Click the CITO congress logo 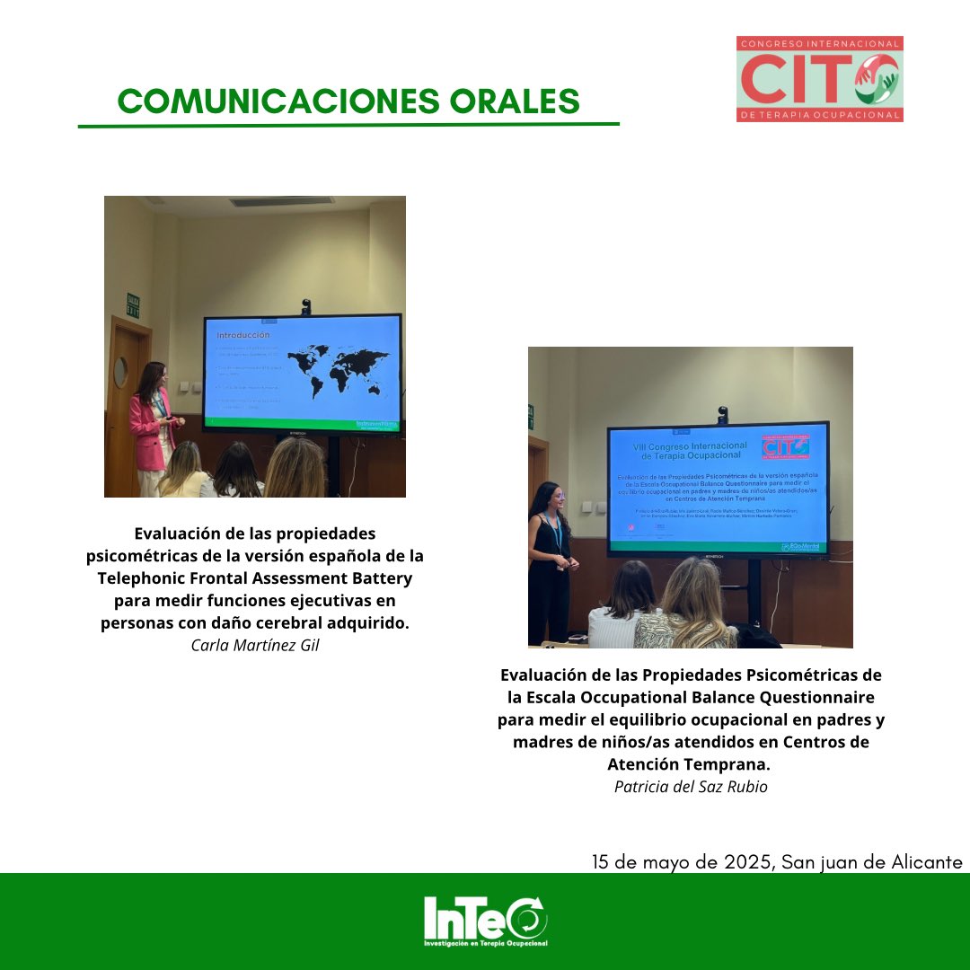[x=819, y=79]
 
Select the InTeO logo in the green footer [x=486, y=920]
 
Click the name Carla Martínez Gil [x=255, y=645]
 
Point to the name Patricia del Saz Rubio [x=691, y=786]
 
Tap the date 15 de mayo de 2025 [x=682, y=862]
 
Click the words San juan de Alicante [x=872, y=862]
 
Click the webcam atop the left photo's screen [x=306, y=306]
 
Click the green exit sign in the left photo [x=133, y=305]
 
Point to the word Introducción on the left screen [x=242, y=335]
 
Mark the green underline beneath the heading [x=348, y=125]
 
